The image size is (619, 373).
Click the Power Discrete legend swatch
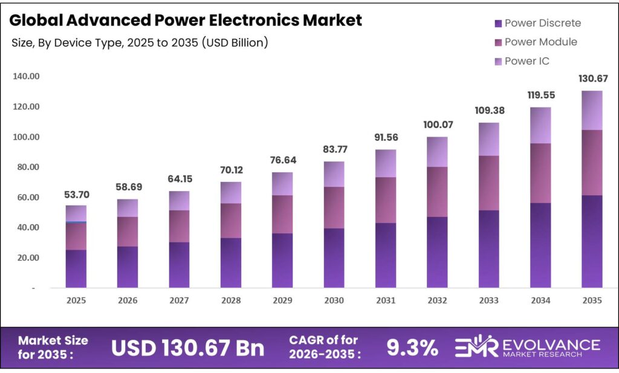tap(498, 24)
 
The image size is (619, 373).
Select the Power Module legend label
tap(540, 42)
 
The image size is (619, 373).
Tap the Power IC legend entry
tap(527, 61)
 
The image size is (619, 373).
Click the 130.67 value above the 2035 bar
tap(592, 79)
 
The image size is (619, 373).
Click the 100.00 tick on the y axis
tap(25, 137)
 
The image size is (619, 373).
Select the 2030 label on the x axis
tap(334, 300)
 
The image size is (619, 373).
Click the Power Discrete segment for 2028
tap(231, 262)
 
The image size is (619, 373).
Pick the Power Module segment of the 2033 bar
tap(488, 183)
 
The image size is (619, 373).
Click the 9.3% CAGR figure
tap(412, 348)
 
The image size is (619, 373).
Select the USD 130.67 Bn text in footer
tap(188, 348)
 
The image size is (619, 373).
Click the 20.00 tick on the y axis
tap(25, 258)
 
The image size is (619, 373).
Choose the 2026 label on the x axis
tap(128, 300)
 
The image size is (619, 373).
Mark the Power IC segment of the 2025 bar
tap(76, 213)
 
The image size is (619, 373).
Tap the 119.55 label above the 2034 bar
tap(540, 96)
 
